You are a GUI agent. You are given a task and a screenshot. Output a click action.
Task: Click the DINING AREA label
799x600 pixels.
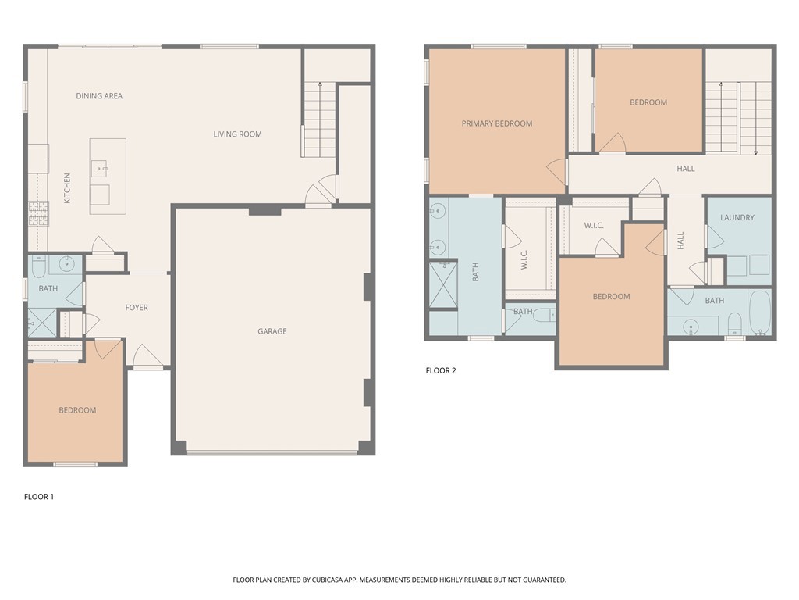(x=99, y=96)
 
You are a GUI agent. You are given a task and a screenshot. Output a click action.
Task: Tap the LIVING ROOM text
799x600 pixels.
(x=237, y=134)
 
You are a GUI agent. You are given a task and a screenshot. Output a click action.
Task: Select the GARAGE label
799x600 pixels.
(x=272, y=331)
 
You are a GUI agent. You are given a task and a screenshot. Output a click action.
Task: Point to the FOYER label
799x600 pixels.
(x=137, y=308)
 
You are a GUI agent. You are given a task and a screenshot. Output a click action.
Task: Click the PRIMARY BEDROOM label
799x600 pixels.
(x=496, y=123)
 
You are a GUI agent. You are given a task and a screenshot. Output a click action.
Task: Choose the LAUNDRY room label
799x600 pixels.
(x=737, y=218)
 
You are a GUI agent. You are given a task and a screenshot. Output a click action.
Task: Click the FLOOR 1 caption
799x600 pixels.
(x=39, y=497)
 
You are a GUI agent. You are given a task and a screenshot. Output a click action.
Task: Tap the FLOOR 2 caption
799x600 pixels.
(x=441, y=370)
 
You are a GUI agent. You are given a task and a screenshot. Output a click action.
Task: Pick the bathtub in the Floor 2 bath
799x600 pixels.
(x=759, y=312)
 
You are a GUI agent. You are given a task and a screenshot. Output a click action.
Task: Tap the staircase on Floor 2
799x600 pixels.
(x=738, y=117)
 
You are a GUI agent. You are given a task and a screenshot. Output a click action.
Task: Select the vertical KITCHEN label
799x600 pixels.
(x=67, y=188)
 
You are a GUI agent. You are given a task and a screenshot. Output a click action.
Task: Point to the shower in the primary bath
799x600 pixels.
(x=443, y=285)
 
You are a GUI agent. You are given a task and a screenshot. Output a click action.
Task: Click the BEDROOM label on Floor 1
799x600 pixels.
(x=77, y=410)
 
